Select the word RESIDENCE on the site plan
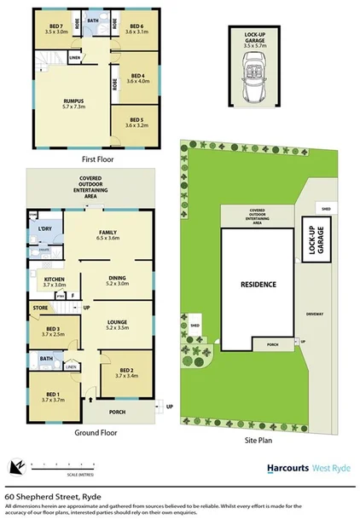(x=257, y=284)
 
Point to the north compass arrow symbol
(x=16, y=466)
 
